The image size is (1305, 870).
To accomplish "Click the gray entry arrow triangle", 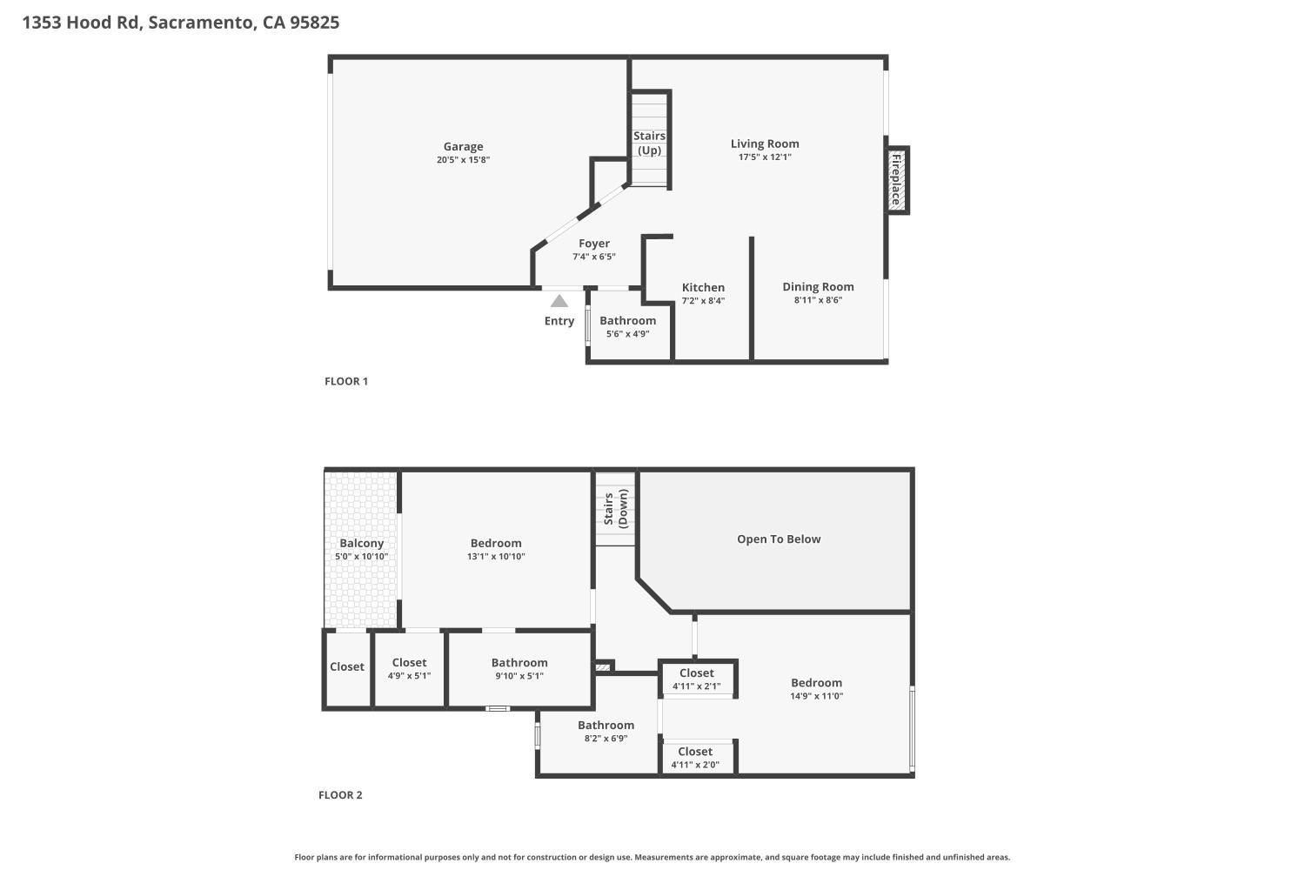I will (559, 301).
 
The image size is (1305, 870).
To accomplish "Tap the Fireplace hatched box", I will (896, 180).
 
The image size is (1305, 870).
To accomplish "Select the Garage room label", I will (463, 147).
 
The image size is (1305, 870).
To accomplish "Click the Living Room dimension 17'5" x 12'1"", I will (765, 157).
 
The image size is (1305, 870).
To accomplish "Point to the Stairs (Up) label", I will (649, 143).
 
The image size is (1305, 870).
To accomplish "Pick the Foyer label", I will (594, 244).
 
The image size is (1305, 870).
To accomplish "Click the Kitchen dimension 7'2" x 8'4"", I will (703, 301).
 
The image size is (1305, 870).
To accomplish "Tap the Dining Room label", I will (818, 286).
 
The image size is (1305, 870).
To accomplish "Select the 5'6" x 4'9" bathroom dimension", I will (627, 334).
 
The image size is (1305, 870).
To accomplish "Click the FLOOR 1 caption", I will (346, 381).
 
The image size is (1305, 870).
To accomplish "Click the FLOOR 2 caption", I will (340, 795).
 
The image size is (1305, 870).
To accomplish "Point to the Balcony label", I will (361, 543).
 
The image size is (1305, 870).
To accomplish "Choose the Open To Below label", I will (779, 539).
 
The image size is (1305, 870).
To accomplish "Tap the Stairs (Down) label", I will (615, 509).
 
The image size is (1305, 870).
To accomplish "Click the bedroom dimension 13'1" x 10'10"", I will (496, 557).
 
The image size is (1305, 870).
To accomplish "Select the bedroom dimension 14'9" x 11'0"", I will (816, 696).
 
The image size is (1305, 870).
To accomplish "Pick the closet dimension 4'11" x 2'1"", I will (696, 686).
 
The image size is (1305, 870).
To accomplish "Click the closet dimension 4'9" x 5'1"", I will (409, 676).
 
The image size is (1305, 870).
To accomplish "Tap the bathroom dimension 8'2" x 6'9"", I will (606, 739).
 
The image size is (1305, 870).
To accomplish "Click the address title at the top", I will (181, 23).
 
